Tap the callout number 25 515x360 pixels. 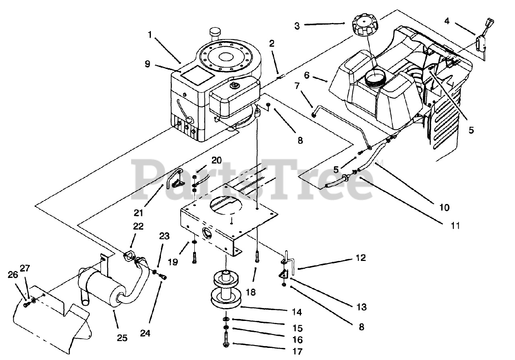click(122, 338)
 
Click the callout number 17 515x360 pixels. click(298, 352)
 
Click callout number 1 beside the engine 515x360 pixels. click(150, 35)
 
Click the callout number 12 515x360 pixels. click(360, 258)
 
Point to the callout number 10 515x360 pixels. click(444, 208)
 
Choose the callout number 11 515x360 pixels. click(455, 226)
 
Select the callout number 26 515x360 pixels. click(12, 275)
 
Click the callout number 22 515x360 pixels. click(138, 226)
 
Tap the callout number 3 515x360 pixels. click(297, 26)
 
